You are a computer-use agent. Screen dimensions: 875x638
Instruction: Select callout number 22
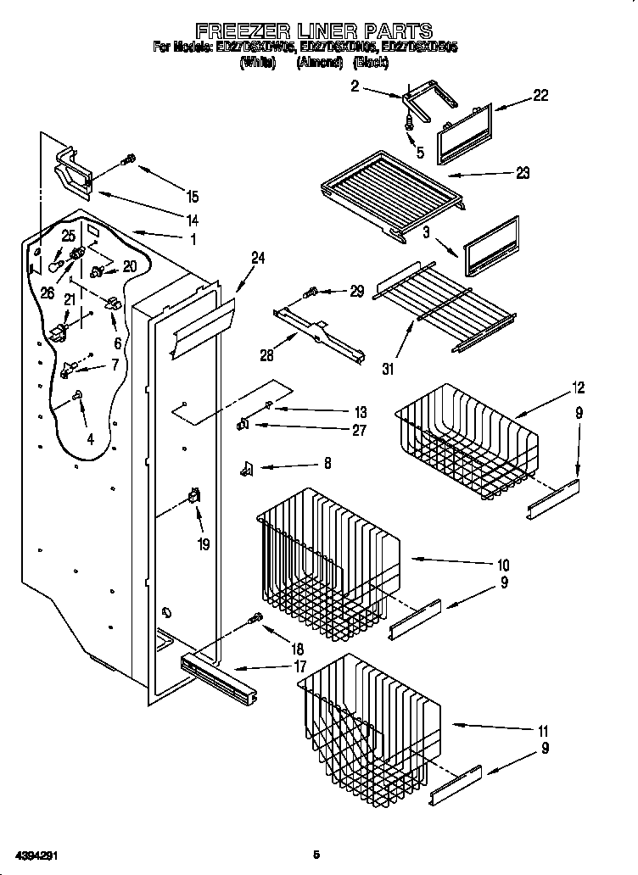tap(540, 96)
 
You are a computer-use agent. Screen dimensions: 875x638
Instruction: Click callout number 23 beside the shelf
tap(522, 173)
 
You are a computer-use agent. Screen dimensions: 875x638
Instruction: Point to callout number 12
tap(578, 388)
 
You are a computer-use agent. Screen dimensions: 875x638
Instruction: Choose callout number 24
tap(258, 259)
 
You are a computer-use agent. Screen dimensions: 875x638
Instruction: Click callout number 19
tap(203, 544)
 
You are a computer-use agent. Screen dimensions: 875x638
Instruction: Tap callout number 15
tap(192, 197)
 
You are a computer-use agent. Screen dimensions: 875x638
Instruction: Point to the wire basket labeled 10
tap(327, 560)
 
